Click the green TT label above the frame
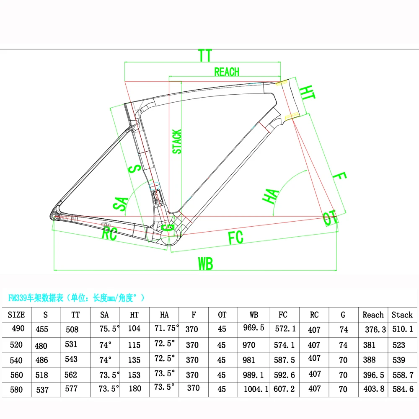pyautogui.click(x=205, y=56)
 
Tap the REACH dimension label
pyautogui.click(x=226, y=72)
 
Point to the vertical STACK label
pyautogui.click(x=177, y=141)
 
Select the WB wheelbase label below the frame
pyautogui.click(x=205, y=264)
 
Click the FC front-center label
pyautogui.click(x=235, y=238)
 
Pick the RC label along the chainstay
pyautogui.click(x=109, y=233)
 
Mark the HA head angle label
pyautogui.click(x=271, y=196)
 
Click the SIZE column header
pyautogui.click(x=16, y=315)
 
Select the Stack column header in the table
pyautogui.click(x=402, y=315)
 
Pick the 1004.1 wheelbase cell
pyautogui.click(x=256, y=389)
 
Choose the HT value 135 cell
pyautogui.click(x=134, y=360)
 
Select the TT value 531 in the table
pyautogui.click(x=72, y=344)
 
